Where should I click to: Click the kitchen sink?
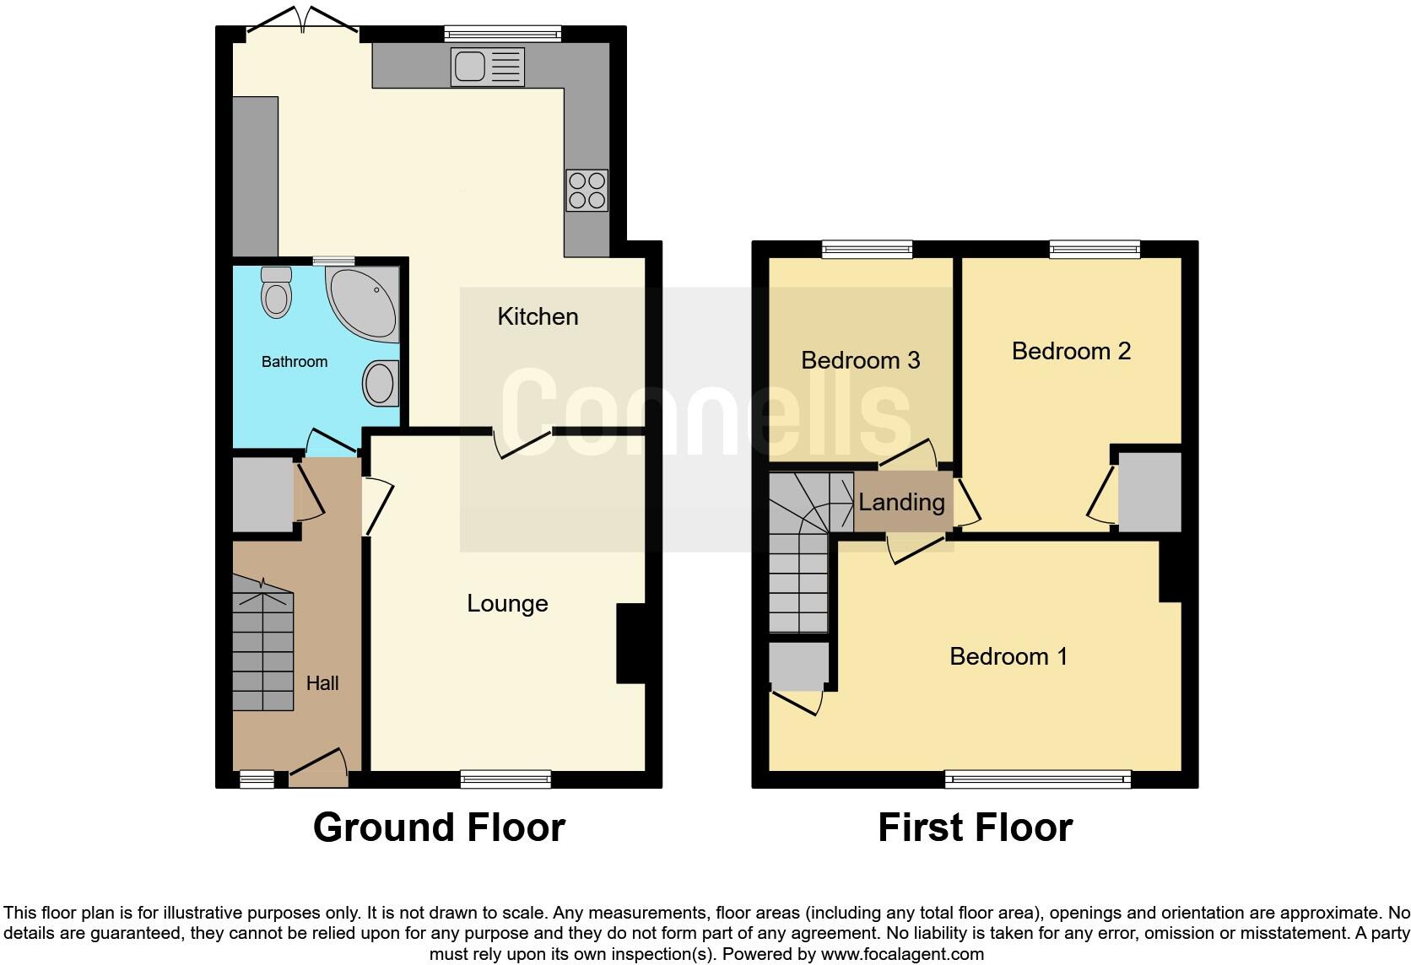pyautogui.click(x=488, y=67)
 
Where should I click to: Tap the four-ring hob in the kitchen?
pyautogui.click(x=587, y=191)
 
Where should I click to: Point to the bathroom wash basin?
pyautogui.click(x=380, y=382)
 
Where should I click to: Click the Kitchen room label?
pyautogui.click(x=538, y=316)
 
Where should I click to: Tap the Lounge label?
pyautogui.click(x=507, y=603)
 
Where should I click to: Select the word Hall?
pyautogui.click(x=322, y=683)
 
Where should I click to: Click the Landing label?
pyautogui.click(x=901, y=502)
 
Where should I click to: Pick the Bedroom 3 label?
pyautogui.click(x=860, y=360)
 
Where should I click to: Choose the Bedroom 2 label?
pyautogui.click(x=1071, y=351)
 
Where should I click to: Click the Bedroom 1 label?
pyautogui.click(x=1008, y=656)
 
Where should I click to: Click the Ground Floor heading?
pyautogui.click(x=439, y=828)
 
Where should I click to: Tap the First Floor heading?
pyautogui.click(x=975, y=828)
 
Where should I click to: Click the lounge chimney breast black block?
pyautogui.click(x=630, y=643)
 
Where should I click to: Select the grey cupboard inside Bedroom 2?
pyautogui.click(x=1149, y=492)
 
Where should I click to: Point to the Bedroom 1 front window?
pyautogui.click(x=1037, y=779)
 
